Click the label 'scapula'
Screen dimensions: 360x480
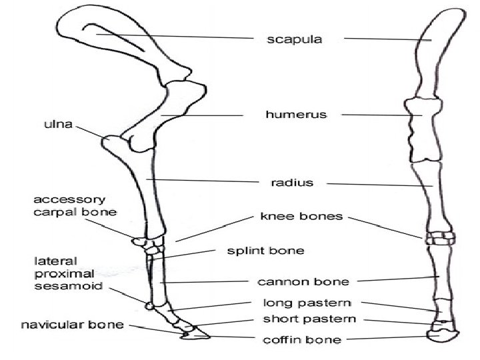[x=294, y=39]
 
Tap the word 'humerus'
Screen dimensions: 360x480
[x=296, y=115]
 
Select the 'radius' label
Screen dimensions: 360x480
[x=291, y=183]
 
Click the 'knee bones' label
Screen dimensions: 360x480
[x=310, y=217]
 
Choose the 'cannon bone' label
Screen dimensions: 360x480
[x=294, y=281]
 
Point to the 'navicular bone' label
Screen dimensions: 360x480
[x=73, y=325]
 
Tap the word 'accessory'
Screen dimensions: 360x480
[x=70, y=199]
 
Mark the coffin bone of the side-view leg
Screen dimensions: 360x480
[x=196, y=333]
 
